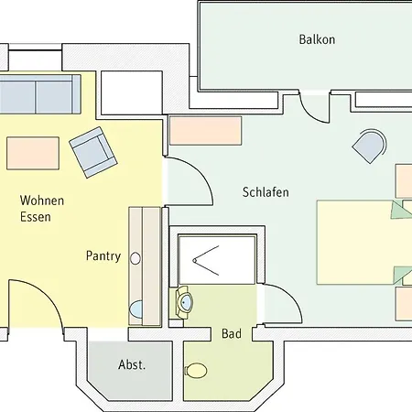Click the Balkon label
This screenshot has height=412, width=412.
(317, 39)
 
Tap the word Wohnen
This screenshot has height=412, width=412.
(42, 200)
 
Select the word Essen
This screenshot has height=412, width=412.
(36, 218)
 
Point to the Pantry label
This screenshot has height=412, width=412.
(103, 256)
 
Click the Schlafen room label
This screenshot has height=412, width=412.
(266, 192)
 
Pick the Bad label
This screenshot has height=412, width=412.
(232, 334)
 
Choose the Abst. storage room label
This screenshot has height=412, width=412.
(132, 364)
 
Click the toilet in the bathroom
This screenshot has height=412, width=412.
(196, 371)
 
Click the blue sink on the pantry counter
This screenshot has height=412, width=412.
(137, 309)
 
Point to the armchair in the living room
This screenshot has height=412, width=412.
(92, 152)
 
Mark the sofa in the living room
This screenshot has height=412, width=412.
(37, 93)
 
